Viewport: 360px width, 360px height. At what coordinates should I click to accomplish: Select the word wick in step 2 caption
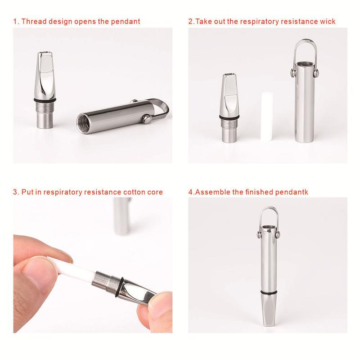click(327, 21)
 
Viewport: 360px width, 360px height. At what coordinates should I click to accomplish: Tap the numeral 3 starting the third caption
click(15, 192)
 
